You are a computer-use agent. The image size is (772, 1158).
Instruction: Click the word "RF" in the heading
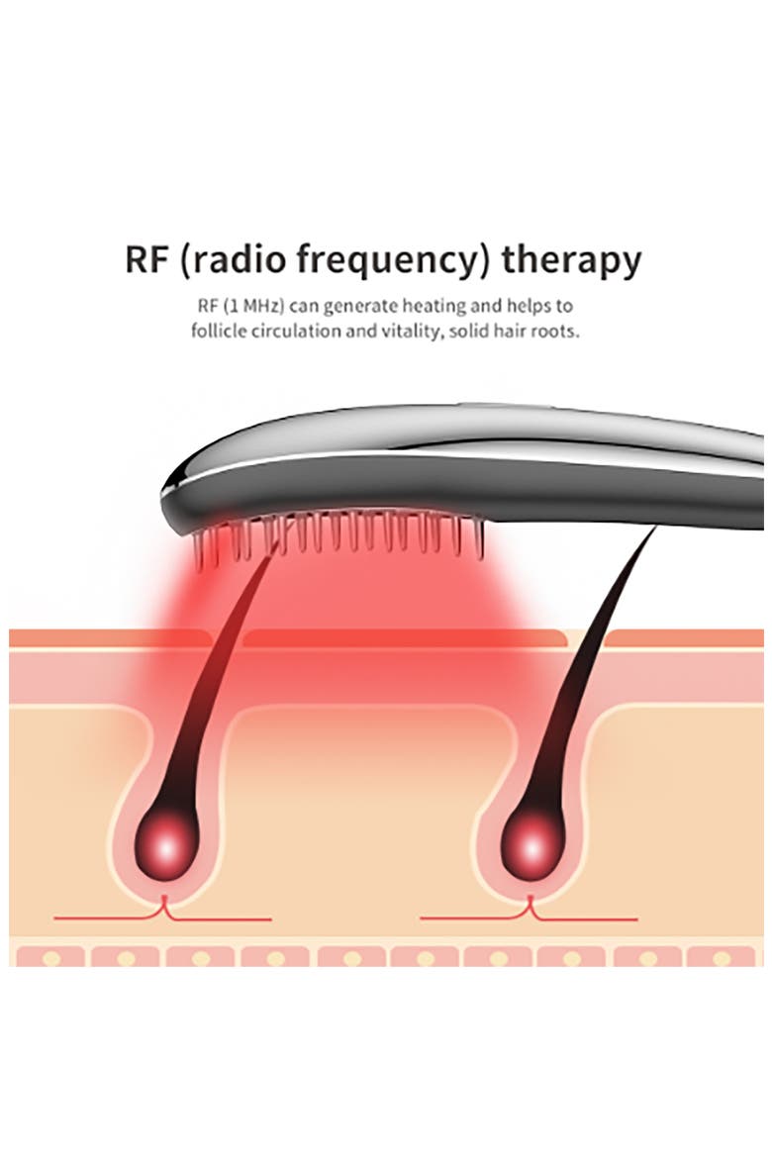click(x=147, y=259)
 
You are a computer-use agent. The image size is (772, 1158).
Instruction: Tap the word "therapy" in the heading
click(x=571, y=262)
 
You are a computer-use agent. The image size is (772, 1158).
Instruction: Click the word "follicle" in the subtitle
click(x=219, y=331)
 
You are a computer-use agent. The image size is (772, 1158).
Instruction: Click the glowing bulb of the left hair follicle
click(x=165, y=846)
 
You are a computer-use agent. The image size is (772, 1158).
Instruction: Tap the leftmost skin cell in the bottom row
click(x=49, y=958)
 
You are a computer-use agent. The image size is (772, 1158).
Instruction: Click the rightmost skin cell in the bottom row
click(x=723, y=958)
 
